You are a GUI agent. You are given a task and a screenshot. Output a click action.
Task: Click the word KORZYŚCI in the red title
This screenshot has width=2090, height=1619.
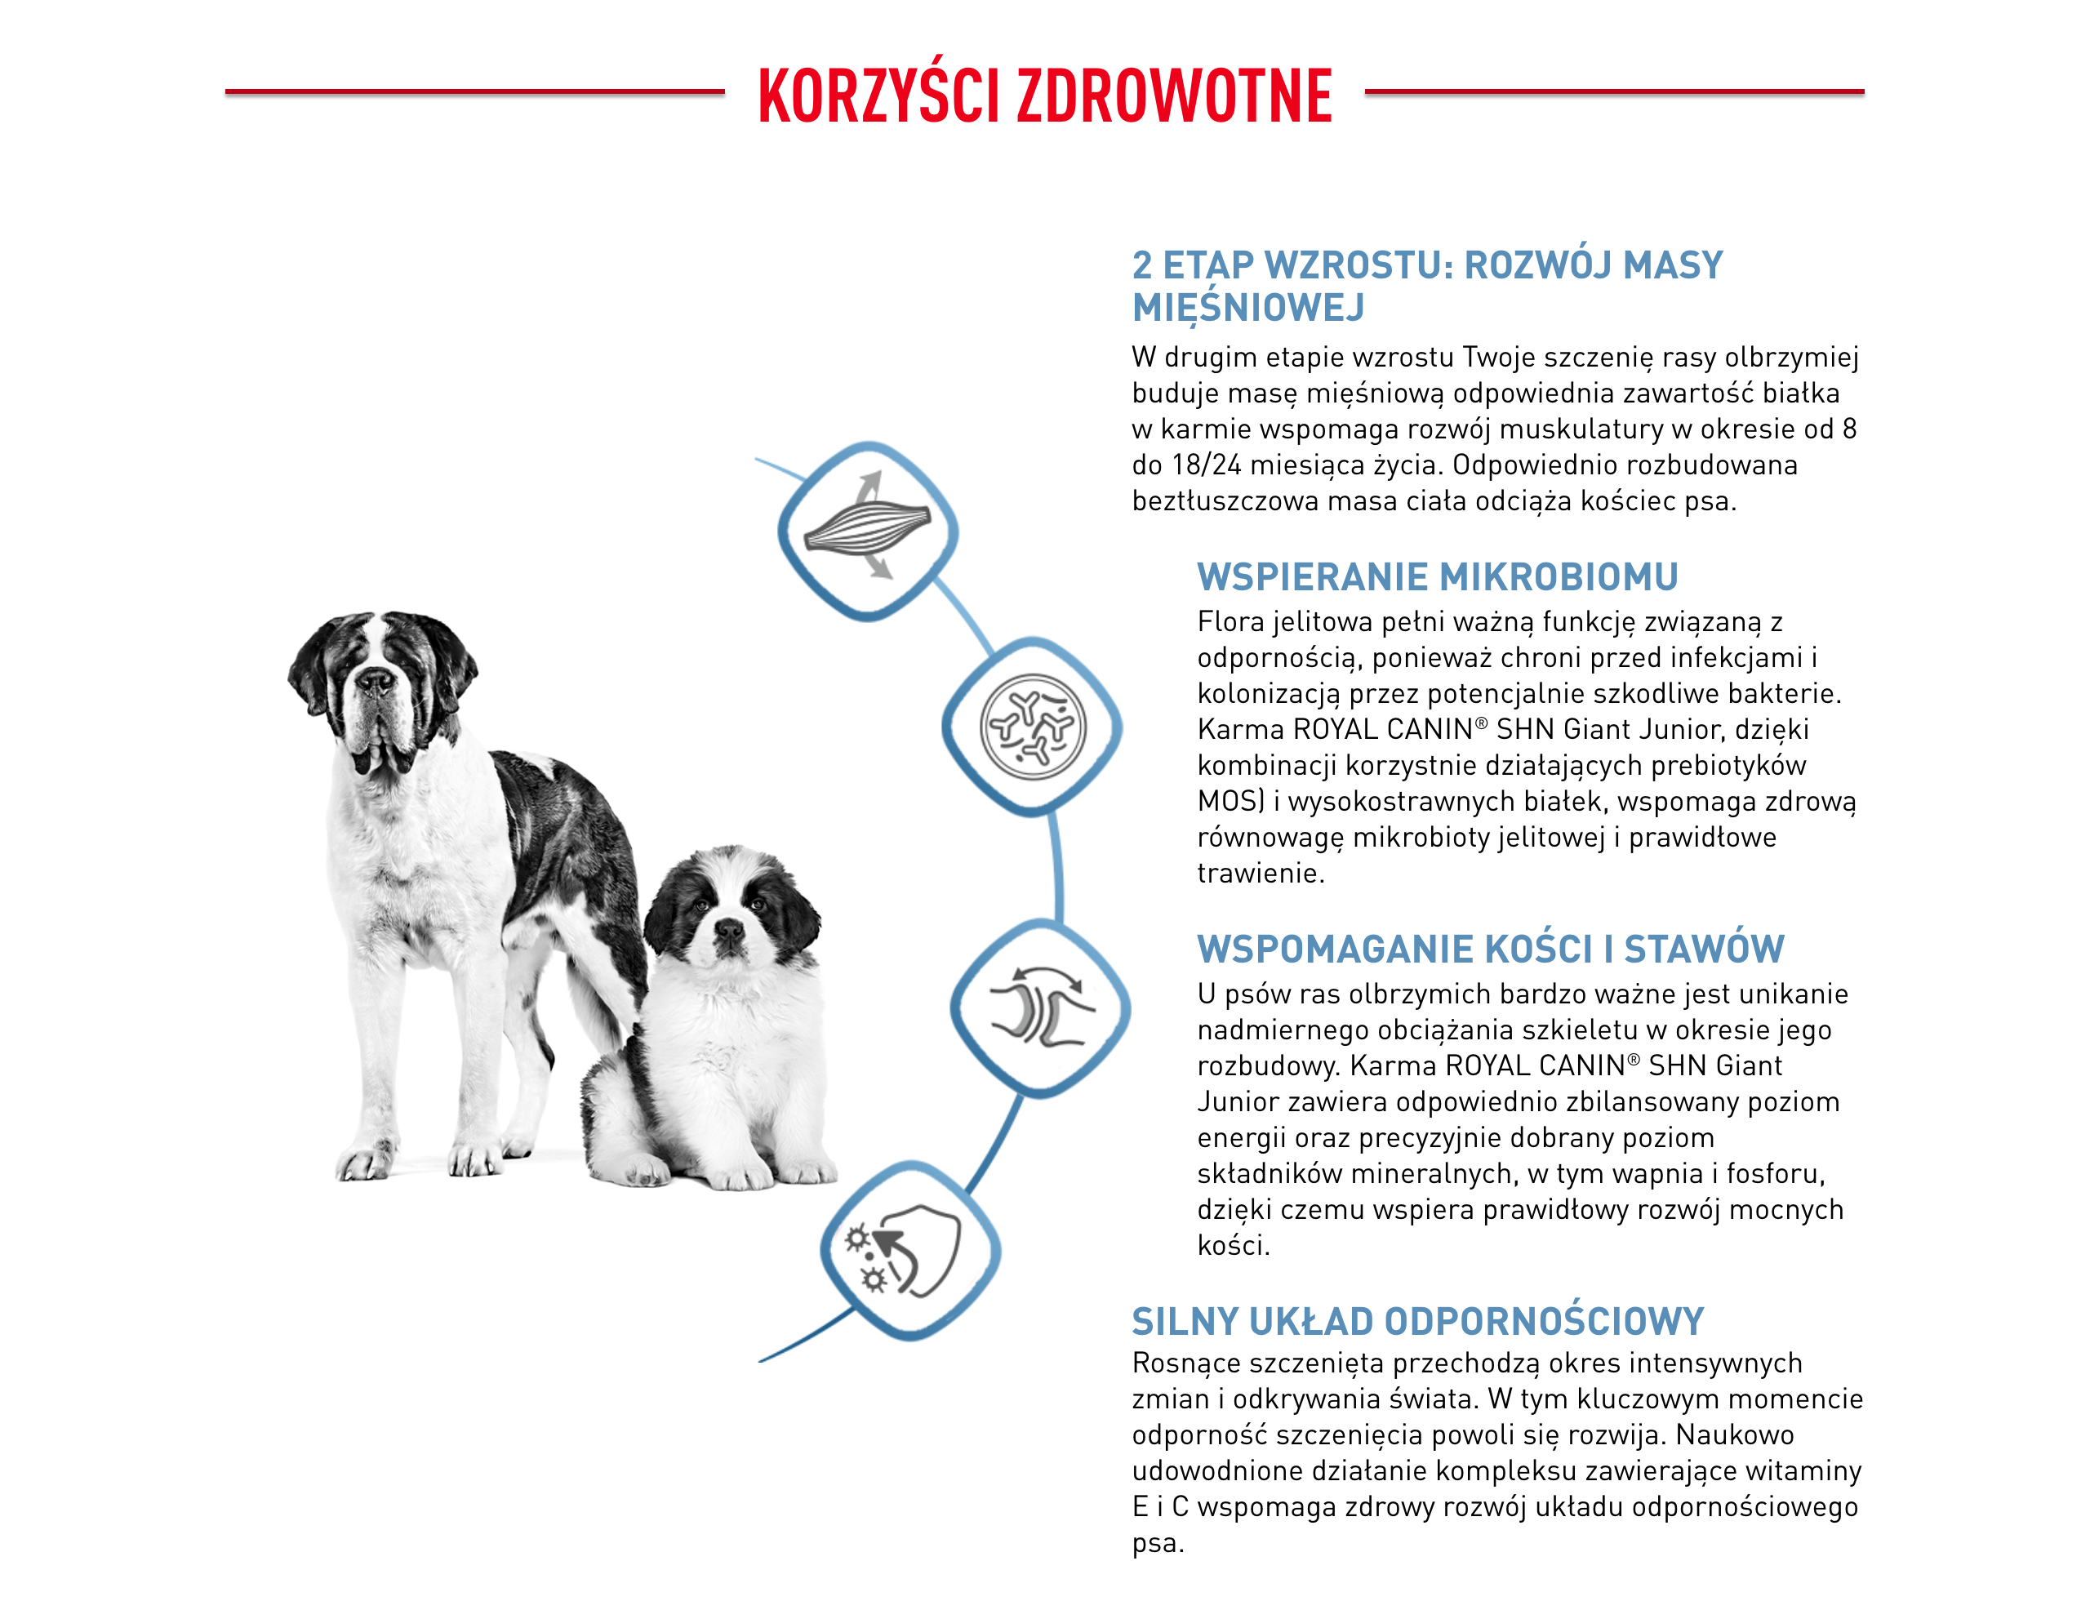(878, 96)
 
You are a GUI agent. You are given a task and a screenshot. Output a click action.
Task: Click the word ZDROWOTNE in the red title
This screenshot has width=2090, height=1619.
(1174, 96)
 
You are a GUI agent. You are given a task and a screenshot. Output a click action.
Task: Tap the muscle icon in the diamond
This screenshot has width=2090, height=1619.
(867, 529)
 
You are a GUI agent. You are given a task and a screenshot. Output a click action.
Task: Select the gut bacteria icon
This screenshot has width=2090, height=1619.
(1033, 727)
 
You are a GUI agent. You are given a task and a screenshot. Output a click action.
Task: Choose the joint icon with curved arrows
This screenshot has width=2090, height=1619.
(1040, 1008)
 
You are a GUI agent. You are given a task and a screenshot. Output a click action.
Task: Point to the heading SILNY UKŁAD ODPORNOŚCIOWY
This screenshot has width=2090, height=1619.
(1417, 1322)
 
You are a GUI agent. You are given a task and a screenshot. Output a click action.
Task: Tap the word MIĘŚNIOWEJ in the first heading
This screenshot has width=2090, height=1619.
(1247, 308)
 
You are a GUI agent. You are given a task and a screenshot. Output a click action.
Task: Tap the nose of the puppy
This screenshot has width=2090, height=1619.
(728, 927)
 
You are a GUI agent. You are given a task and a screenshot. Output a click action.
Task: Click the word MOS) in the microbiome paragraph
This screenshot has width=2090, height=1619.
(1230, 801)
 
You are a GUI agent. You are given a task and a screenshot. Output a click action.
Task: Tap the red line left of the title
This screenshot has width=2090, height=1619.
(474, 92)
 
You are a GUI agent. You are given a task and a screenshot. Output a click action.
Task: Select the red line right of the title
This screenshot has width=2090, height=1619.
(1613, 92)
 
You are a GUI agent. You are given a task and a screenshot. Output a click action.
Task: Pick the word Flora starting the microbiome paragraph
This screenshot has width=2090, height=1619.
(1230, 622)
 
